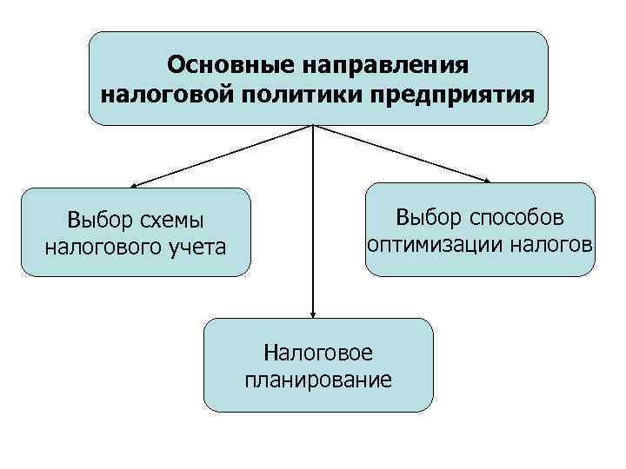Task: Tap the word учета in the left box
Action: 193,248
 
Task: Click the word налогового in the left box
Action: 101,248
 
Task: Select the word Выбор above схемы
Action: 93,221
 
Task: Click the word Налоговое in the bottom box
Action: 317,352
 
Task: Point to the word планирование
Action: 317,379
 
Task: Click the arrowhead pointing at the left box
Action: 135,185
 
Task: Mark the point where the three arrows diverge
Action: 312,126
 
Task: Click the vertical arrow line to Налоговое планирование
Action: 312,226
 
